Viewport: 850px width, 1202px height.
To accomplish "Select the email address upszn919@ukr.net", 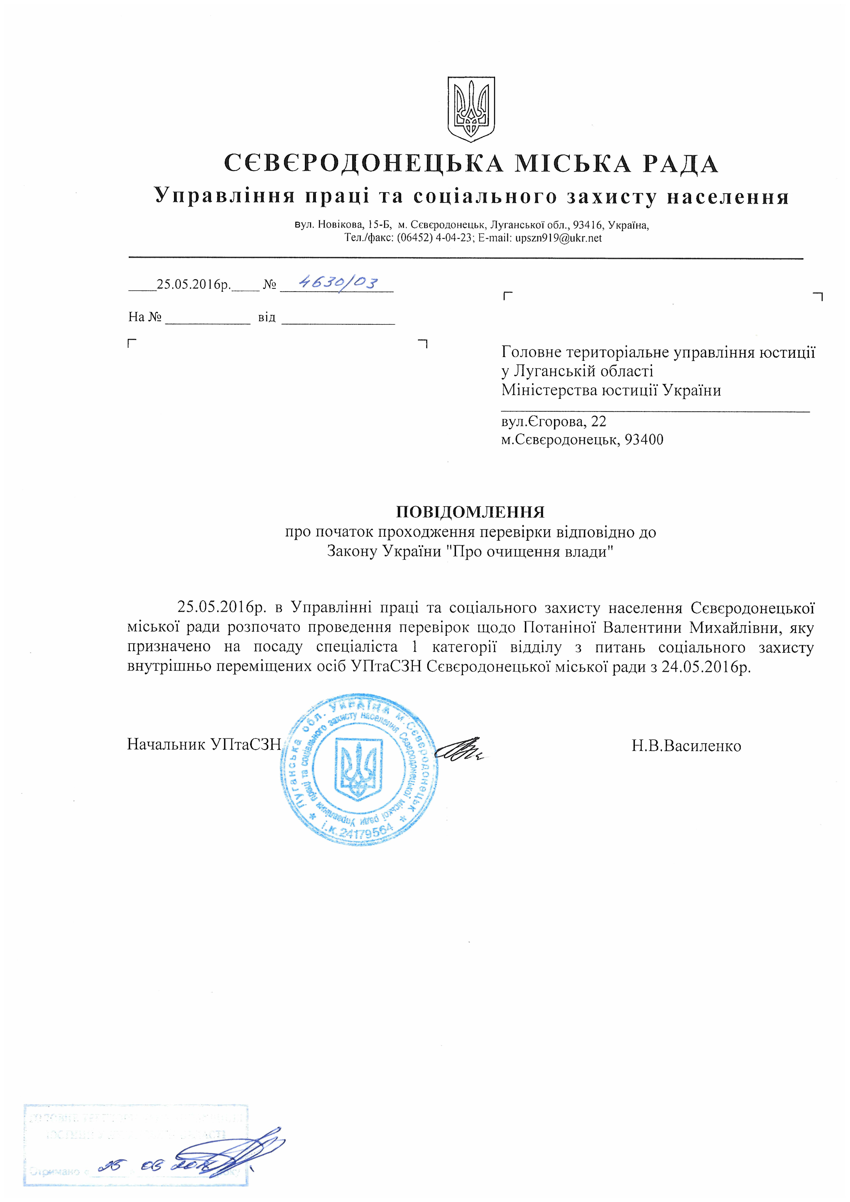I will pos(558,238).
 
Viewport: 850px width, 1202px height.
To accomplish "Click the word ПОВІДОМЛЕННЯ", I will pos(470,511).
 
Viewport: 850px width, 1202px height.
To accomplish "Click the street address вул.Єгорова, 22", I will pos(554,421).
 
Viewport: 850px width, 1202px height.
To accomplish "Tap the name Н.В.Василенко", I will pos(686,745).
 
